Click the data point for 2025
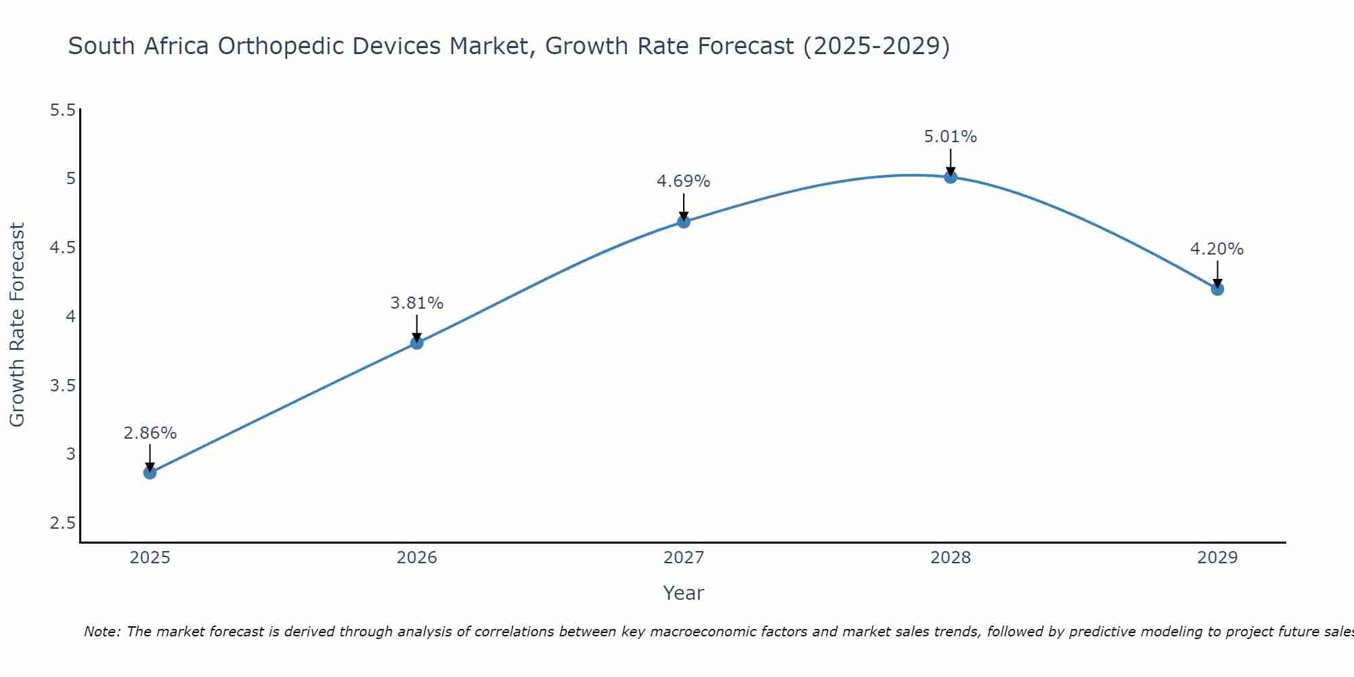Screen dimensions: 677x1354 pos(150,473)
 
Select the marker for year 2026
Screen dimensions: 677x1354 pos(417,343)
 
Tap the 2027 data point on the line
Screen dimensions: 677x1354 pos(684,221)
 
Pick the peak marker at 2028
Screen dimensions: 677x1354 pos(951,177)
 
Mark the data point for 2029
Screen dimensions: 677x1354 pos(1217,289)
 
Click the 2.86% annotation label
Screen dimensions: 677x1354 pos(150,433)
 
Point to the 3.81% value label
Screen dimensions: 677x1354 pos(417,303)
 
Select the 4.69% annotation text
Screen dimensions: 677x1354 pos(684,181)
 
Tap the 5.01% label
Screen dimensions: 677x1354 pos(951,137)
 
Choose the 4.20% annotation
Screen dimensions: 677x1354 pos(1217,249)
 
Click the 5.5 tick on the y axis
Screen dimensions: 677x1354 pos(63,110)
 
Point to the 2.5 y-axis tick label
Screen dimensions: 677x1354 pos(63,523)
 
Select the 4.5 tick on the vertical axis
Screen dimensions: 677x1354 pos(63,248)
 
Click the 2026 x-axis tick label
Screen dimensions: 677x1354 pos(417,558)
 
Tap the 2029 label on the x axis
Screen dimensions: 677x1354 pos(1217,558)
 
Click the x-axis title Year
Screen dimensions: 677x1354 pos(684,593)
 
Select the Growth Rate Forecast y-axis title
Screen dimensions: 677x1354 pos(18,325)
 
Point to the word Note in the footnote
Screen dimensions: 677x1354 pos(102,632)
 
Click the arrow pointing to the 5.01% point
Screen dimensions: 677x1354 pos(951,162)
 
